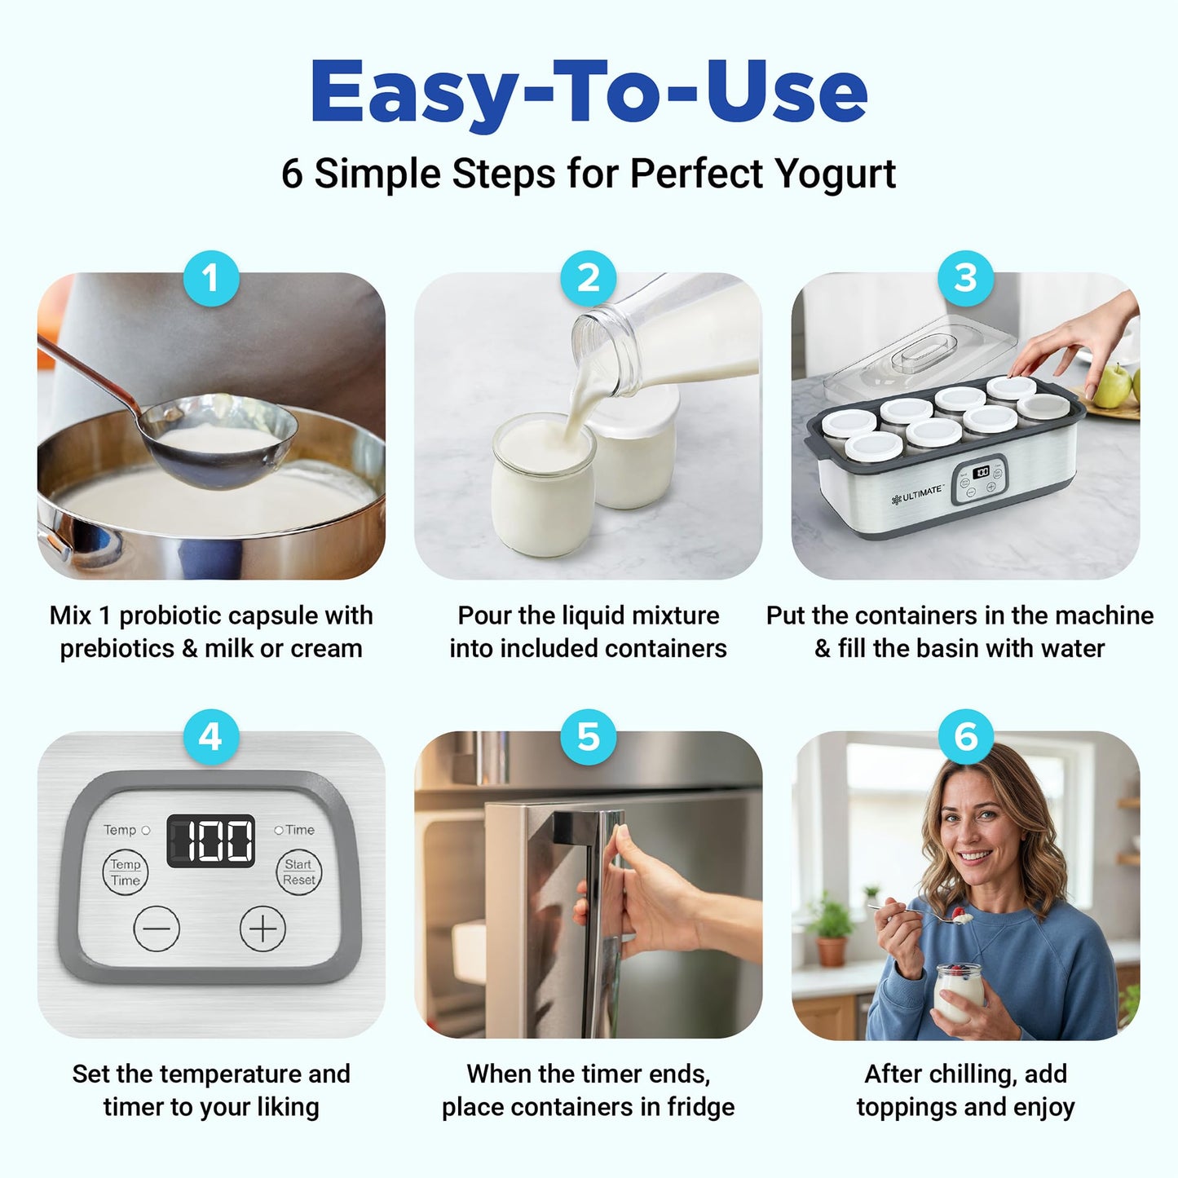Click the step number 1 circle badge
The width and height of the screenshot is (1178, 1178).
pyautogui.click(x=211, y=278)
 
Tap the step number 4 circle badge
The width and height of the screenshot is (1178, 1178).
pyautogui.click(x=211, y=737)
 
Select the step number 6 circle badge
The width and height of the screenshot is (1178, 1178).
pyautogui.click(x=966, y=737)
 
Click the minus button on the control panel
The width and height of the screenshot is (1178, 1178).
pyautogui.click(x=157, y=929)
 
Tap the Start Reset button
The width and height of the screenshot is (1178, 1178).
pyautogui.click(x=298, y=872)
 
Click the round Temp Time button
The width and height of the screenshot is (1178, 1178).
pyautogui.click(x=126, y=872)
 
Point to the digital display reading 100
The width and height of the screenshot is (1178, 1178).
pyautogui.click(x=211, y=840)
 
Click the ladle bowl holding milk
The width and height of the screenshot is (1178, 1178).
pyautogui.click(x=218, y=440)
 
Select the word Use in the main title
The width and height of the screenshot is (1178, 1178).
pyautogui.click(x=786, y=92)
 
